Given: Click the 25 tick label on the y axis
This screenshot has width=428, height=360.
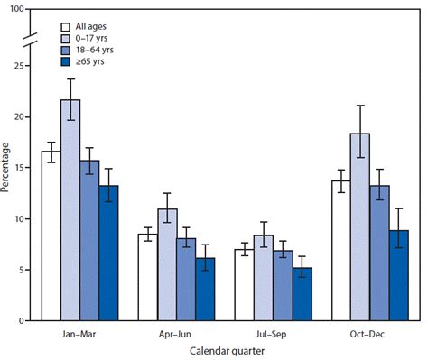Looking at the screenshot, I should point(20,66).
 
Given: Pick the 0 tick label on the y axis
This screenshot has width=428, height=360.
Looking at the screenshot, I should point(23,320).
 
